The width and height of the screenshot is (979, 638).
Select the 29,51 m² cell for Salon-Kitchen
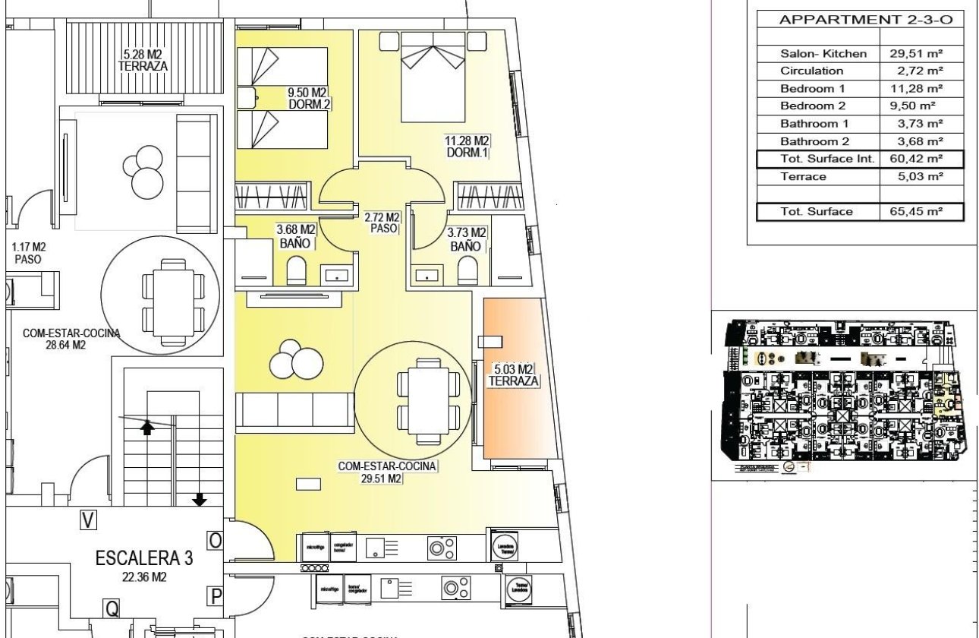click(915, 53)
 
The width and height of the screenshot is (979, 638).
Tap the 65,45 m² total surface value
click(915, 212)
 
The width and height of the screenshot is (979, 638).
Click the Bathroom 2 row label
click(815, 141)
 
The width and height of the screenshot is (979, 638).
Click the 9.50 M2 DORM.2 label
click(307, 99)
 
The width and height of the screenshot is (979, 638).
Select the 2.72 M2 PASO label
click(382, 223)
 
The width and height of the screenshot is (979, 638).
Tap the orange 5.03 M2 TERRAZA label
click(514, 374)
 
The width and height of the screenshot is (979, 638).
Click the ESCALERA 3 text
click(143, 558)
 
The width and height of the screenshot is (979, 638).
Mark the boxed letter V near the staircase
click(90, 520)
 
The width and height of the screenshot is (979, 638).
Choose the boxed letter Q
click(112, 607)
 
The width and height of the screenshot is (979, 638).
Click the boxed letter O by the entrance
click(216, 540)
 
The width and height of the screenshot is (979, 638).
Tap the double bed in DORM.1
click(432, 80)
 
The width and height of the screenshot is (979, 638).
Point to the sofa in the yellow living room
click(294, 410)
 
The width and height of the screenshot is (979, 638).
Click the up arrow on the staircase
click(148, 428)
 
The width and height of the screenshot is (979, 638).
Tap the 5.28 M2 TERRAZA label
click(143, 60)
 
